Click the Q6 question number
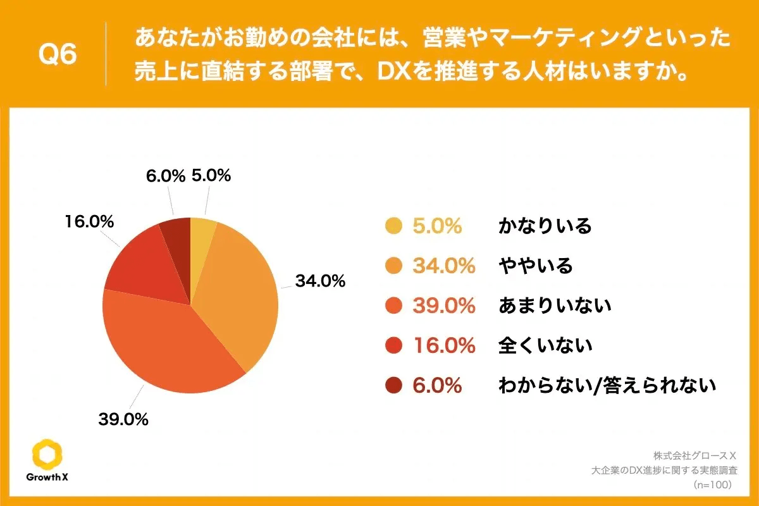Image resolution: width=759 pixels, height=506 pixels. coord(58,55)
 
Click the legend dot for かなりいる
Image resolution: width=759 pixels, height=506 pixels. coord(393,226)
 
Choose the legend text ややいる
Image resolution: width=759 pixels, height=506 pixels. coord(535,266)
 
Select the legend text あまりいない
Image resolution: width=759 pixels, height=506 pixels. coord(555,305)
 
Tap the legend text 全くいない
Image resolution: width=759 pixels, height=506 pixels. coord(545,345)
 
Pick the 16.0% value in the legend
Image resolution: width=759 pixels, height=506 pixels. coord(443,345)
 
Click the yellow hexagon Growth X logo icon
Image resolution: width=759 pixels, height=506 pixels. coord(47,453)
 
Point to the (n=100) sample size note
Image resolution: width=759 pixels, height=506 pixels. coord(712,484)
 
